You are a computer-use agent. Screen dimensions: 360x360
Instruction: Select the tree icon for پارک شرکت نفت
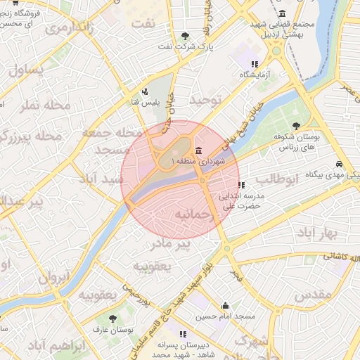[185, 36]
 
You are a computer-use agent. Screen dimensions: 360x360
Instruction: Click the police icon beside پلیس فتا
[145, 91]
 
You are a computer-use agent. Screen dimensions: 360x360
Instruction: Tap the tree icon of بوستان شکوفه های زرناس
[297, 127]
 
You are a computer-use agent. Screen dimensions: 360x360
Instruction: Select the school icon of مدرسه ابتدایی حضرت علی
[241, 186]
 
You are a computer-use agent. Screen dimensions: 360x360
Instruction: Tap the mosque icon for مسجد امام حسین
[225, 306]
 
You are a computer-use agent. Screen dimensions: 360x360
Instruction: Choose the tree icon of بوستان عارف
[112, 319]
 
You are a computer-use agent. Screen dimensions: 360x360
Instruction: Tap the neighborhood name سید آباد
[121, 179]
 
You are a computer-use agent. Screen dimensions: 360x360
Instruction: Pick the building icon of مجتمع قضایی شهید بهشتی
[283, 13]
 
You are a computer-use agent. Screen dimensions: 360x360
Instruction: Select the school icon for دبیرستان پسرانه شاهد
[183, 334]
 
